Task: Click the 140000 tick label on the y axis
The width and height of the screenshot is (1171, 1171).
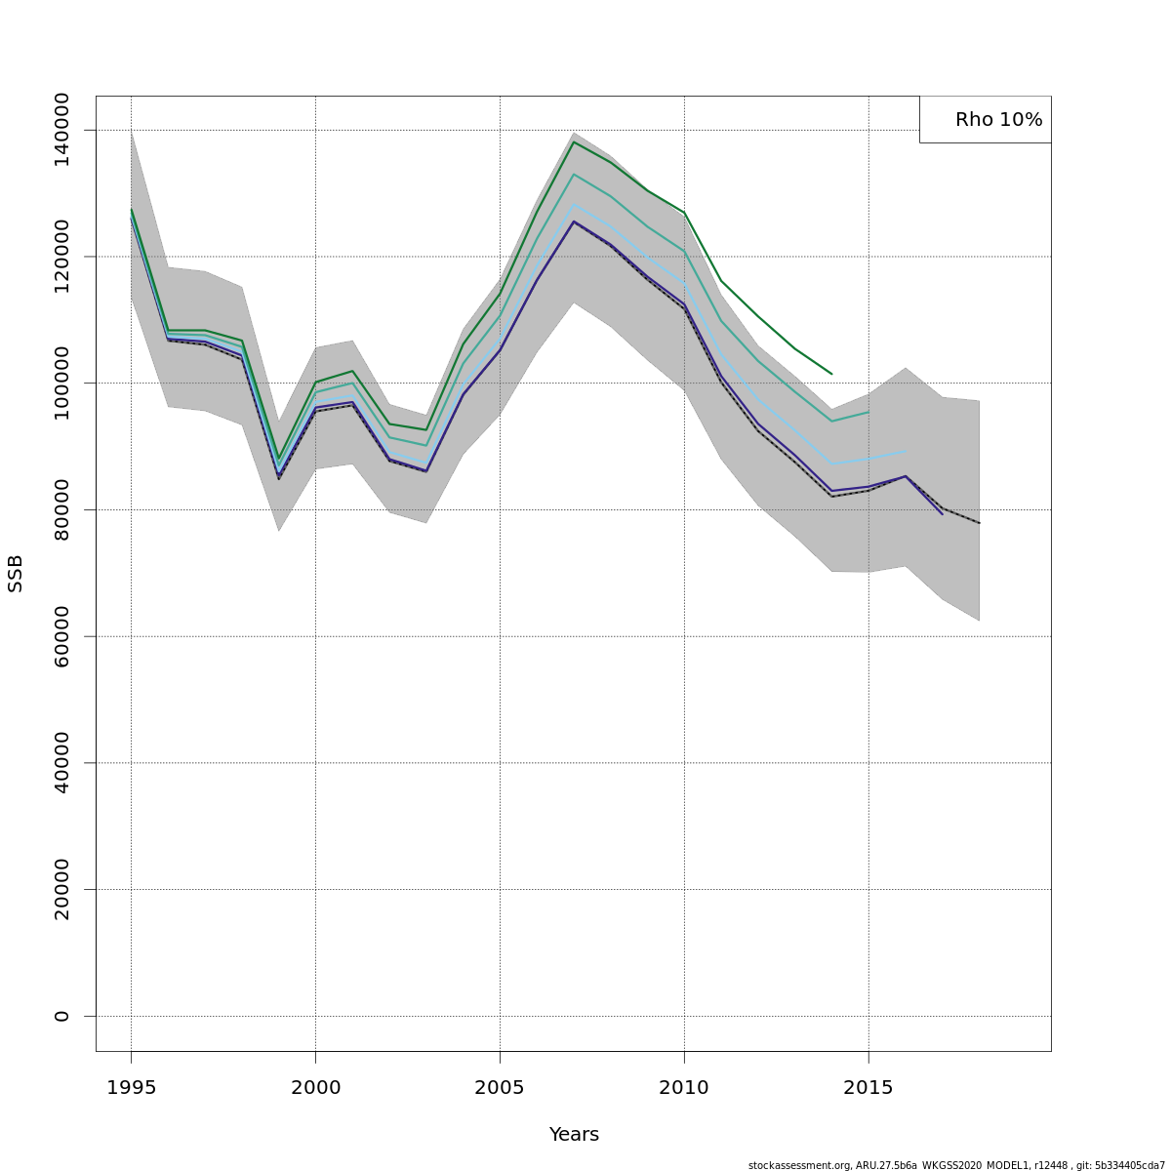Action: click(61, 130)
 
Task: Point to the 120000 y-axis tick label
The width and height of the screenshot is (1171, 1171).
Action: click(61, 256)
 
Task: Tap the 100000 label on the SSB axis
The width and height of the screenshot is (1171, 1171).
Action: click(61, 383)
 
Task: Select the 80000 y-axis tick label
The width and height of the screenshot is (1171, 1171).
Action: click(61, 509)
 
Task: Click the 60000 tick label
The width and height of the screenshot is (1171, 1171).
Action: click(61, 636)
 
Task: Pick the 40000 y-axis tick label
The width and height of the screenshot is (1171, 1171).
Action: click(61, 762)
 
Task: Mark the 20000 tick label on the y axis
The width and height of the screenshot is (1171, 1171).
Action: click(61, 889)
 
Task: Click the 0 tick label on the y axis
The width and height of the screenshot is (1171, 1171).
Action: click(61, 1016)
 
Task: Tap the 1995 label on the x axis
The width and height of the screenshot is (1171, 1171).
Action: click(131, 1088)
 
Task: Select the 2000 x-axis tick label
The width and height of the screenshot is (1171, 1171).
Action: click(315, 1088)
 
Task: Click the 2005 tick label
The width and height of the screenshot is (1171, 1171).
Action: click(500, 1088)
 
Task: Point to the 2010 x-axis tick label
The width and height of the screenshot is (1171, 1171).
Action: click(684, 1088)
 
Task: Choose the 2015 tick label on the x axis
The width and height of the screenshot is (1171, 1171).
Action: click(868, 1088)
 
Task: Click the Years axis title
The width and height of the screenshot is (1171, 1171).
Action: click(574, 1135)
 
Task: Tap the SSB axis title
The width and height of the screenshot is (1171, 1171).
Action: click(16, 574)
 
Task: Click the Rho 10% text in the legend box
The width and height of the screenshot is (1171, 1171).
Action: click(998, 120)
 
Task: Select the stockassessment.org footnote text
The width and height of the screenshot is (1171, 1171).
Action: click(956, 1165)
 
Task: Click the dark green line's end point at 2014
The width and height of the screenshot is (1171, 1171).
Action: click(831, 374)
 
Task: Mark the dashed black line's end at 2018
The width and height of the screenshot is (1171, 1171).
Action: click(979, 523)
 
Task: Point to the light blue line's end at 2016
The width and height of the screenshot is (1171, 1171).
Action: click(906, 451)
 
